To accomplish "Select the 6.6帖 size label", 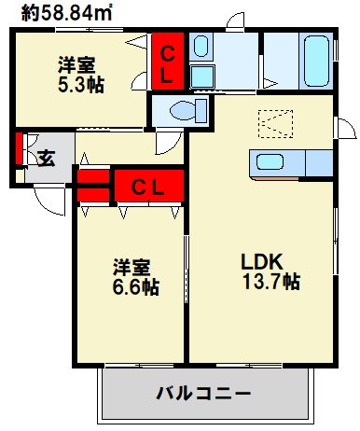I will (136, 287).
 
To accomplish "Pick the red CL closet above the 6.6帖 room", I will (146, 186).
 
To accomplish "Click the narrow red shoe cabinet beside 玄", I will (19, 147).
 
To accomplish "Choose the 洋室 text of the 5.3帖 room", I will (77, 64).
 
